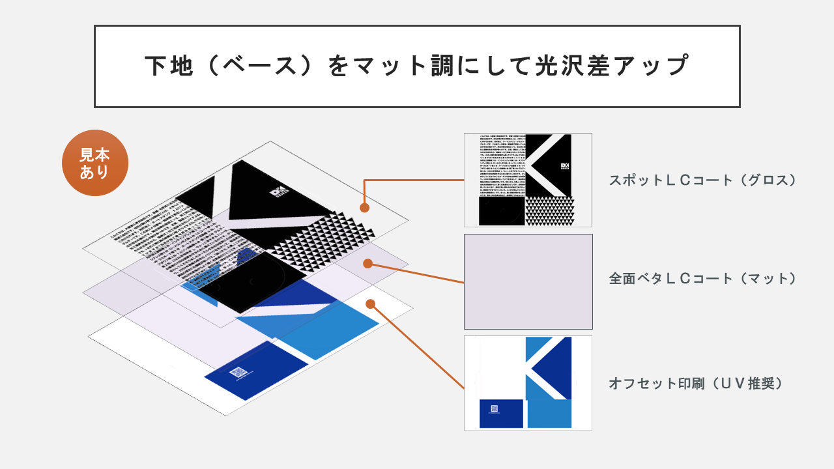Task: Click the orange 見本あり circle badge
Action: tap(95, 163)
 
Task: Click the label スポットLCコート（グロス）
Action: tap(703, 180)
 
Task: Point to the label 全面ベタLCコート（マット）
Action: tap(703, 279)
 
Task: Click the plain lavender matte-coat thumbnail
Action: tap(528, 281)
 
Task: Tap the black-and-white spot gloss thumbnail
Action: tap(528, 180)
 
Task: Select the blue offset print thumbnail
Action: tap(528, 383)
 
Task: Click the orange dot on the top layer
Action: tap(365, 208)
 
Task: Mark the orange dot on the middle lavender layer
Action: tap(367, 264)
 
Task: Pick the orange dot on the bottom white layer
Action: tap(371, 304)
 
